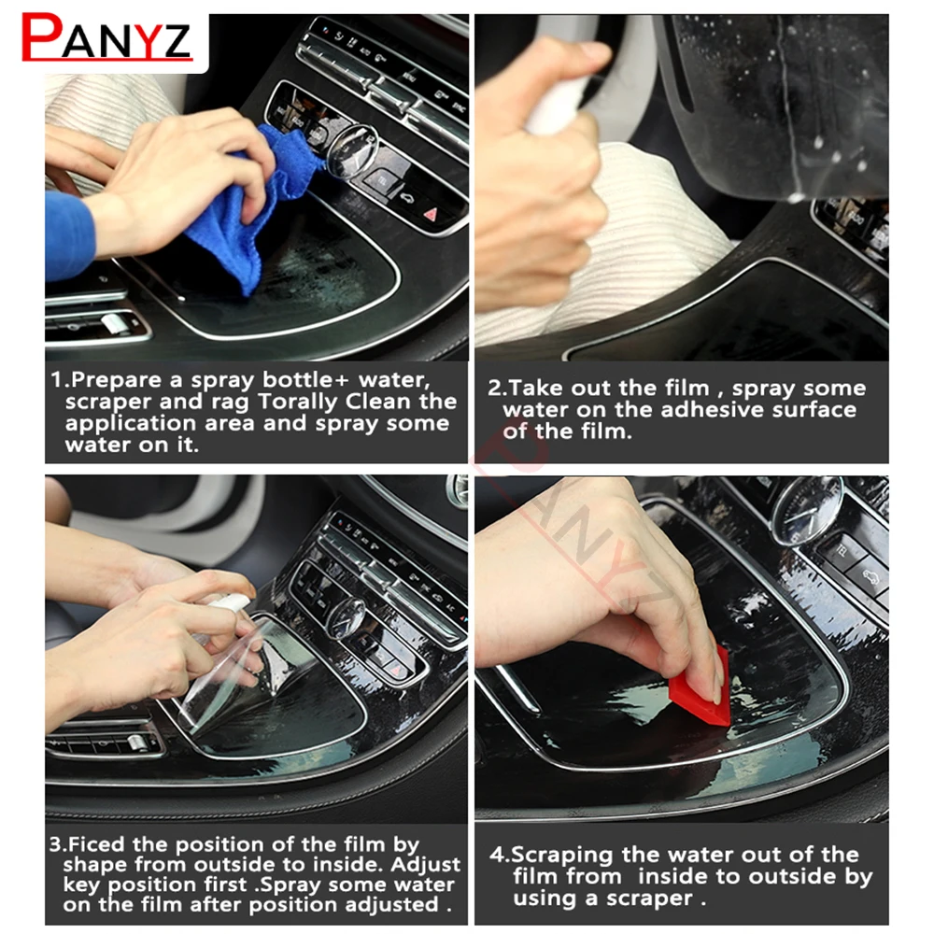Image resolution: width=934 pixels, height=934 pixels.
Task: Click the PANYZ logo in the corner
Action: point(106,37)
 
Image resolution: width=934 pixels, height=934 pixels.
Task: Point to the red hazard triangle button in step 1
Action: point(431,214)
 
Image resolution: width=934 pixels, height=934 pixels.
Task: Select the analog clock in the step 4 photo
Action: point(808,511)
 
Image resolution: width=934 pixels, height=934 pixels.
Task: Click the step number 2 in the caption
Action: point(494,389)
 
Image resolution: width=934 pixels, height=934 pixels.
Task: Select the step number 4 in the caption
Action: point(497,856)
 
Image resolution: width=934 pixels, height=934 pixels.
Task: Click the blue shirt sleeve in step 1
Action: point(69,235)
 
